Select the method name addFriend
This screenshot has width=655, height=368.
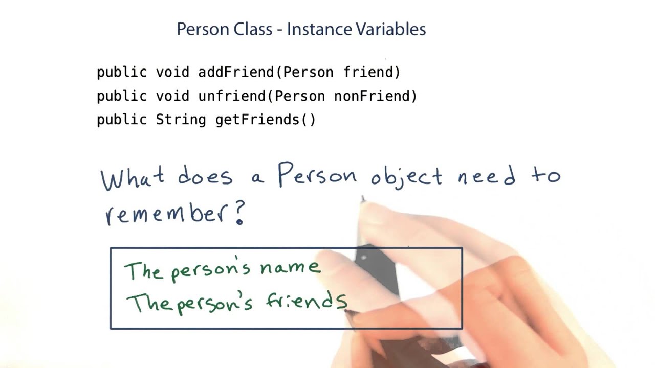(236, 72)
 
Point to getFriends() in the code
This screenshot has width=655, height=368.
(266, 120)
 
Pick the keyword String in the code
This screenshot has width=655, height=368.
(181, 120)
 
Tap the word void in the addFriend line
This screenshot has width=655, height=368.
(172, 72)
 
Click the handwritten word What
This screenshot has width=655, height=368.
(133, 178)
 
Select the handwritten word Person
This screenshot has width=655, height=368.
(317, 175)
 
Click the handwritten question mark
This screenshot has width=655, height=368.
(239, 212)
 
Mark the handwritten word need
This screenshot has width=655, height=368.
(487, 176)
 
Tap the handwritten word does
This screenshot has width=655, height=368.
(205, 177)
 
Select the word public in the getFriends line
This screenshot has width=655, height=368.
(122, 120)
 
